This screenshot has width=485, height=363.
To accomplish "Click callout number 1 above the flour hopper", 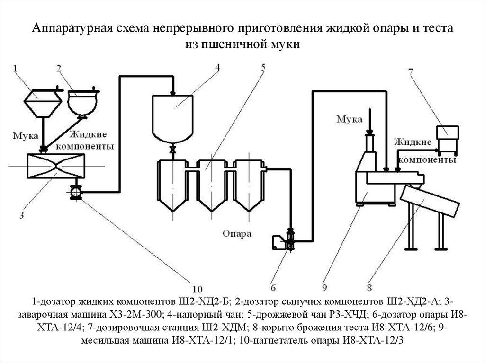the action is point(15,68).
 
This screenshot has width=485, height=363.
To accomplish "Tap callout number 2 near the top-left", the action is point(59,68).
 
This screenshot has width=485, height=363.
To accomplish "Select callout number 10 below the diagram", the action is point(198,290).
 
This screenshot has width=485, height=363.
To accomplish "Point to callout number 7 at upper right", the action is point(411,71).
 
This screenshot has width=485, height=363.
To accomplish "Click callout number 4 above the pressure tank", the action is point(218,67).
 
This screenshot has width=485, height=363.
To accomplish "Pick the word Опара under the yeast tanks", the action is point(237,234).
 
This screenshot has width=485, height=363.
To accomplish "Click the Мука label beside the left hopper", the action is point(26,136).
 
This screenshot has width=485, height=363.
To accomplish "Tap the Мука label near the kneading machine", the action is point(350,119).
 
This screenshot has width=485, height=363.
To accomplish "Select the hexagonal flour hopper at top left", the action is point(43,104).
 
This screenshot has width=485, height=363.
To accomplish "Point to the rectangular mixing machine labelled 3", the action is point(56,166).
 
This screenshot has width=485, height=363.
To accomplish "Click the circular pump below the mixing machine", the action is point(76,192).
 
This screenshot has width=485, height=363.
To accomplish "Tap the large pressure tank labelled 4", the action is point(172,119).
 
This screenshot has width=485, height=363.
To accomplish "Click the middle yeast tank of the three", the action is point(212,185).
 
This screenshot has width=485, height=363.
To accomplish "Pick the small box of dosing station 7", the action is point(447,133).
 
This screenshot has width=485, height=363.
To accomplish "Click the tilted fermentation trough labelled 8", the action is point(430,201).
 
